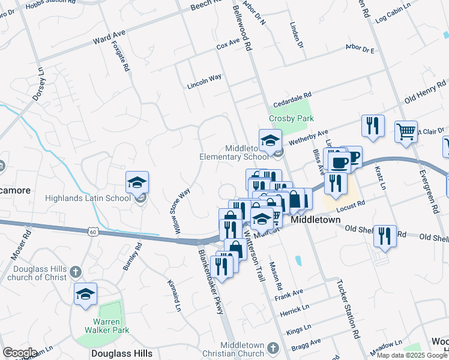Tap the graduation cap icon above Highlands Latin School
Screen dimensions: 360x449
tap(137, 182)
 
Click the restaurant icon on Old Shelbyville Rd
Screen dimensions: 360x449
tap(384, 235)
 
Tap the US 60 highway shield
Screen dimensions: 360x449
tap(92, 231)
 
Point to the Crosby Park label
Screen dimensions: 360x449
tap(291, 118)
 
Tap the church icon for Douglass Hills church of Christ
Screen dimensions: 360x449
tap(74, 271)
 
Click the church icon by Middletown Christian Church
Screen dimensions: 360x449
tap(273, 348)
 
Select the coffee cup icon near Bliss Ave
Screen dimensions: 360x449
tap(340, 161)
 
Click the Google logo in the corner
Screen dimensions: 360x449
tap(20, 353)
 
